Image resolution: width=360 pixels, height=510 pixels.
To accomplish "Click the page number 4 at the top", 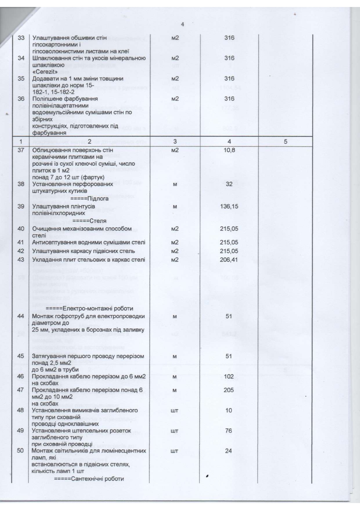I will [182, 24].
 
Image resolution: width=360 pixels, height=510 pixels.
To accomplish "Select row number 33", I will [21, 38].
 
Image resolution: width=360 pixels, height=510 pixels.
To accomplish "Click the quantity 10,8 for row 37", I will [229, 150].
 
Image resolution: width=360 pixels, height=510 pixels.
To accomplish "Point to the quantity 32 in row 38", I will [229, 184].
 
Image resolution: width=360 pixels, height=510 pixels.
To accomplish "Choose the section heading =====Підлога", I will [89, 198].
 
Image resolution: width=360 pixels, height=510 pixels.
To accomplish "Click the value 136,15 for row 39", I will [229, 207].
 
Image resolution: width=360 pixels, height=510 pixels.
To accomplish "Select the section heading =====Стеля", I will [89, 221].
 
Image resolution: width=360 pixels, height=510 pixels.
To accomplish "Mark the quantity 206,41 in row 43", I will [229, 260].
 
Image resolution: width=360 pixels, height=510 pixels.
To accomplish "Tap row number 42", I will [21, 251].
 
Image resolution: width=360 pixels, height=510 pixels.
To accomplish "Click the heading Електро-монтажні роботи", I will [89, 308].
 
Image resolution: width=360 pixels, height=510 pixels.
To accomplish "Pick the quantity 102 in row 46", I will [229, 377].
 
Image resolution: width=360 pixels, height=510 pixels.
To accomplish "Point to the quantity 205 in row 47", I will [229, 390].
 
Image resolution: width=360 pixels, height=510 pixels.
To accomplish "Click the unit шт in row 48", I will [174, 411].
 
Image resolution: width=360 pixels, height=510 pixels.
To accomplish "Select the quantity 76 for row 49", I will [229, 431].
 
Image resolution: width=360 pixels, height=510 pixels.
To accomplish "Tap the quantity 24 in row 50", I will [229, 451].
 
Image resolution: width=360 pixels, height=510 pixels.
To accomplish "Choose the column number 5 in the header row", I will [285, 142].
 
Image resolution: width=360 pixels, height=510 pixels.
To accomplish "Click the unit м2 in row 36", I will [175, 99].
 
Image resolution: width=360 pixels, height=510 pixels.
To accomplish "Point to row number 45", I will [21, 356].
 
